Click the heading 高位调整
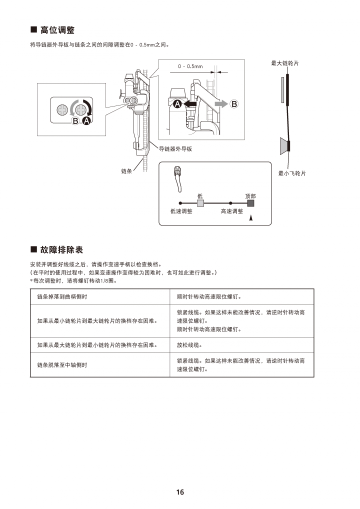tap(57, 30)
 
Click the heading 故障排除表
tap(61, 249)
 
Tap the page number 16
tap(180, 492)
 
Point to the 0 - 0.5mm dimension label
tap(190, 66)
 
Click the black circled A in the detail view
tap(177, 104)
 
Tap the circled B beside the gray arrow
tap(234, 104)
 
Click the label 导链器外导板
tap(175, 149)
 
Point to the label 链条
tap(126, 171)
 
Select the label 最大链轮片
tap(285, 63)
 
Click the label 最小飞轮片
tap(292, 173)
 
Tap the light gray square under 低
tap(200, 203)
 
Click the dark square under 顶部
tap(250, 203)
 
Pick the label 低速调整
tap(181, 211)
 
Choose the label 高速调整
tap(232, 211)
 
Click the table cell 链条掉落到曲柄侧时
tap(62, 296)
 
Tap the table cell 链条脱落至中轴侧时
tap(62, 365)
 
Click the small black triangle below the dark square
tap(251, 218)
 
